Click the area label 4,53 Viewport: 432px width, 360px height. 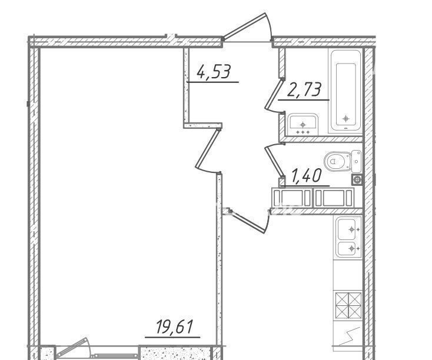tap(214, 72)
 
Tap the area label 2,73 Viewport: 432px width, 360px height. tap(304, 90)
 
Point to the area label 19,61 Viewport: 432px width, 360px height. tap(174, 326)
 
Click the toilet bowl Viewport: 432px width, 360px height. tap(337, 161)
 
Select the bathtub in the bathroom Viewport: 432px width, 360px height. tap(345, 91)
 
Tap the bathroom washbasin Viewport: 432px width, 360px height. tap(303, 125)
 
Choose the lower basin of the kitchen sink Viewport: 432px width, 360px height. tap(349, 249)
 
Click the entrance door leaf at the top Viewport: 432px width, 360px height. tap(245, 25)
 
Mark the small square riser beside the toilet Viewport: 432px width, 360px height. tap(357, 180)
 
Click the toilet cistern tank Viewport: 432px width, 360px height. tap(357, 161)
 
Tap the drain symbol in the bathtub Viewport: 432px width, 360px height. tap(346, 119)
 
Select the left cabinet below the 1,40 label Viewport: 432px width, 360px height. tap(293, 197)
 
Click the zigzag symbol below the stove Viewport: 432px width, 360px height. tap(350, 336)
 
